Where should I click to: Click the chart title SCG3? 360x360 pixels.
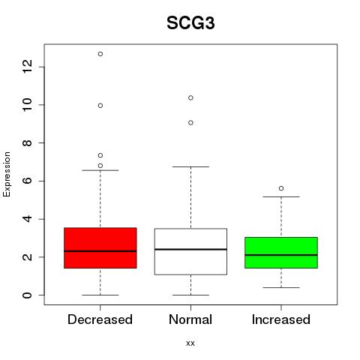tap(190, 23)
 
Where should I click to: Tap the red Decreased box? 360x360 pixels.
tap(100, 247)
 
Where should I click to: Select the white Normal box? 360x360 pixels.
tap(190, 251)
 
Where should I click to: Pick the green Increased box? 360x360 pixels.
tap(281, 253)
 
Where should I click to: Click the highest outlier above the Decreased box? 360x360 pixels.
tap(100, 54)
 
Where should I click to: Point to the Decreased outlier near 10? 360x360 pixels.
tap(100, 106)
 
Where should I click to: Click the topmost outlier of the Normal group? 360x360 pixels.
tap(190, 97)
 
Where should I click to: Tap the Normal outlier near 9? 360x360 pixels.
tap(190, 122)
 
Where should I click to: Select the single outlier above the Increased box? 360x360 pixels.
tap(281, 188)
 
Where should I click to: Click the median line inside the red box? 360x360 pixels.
tap(100, 251)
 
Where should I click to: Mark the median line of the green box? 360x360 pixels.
tap(281, 255)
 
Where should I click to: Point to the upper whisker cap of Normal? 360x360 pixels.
tap(190, 166)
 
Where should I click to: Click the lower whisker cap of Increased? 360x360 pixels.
tap(281, 287)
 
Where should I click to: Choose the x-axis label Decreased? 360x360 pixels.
tap(100, 319)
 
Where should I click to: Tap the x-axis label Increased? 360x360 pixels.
tap(281, 319)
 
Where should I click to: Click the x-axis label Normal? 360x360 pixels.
tap(190, 319)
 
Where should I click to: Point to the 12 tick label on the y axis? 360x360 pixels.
tap(27, 67)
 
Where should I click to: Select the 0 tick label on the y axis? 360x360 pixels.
tap(27, 295)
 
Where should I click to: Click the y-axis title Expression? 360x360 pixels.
tap(7, 174)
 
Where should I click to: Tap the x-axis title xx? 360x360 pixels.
tap(190, 343)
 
